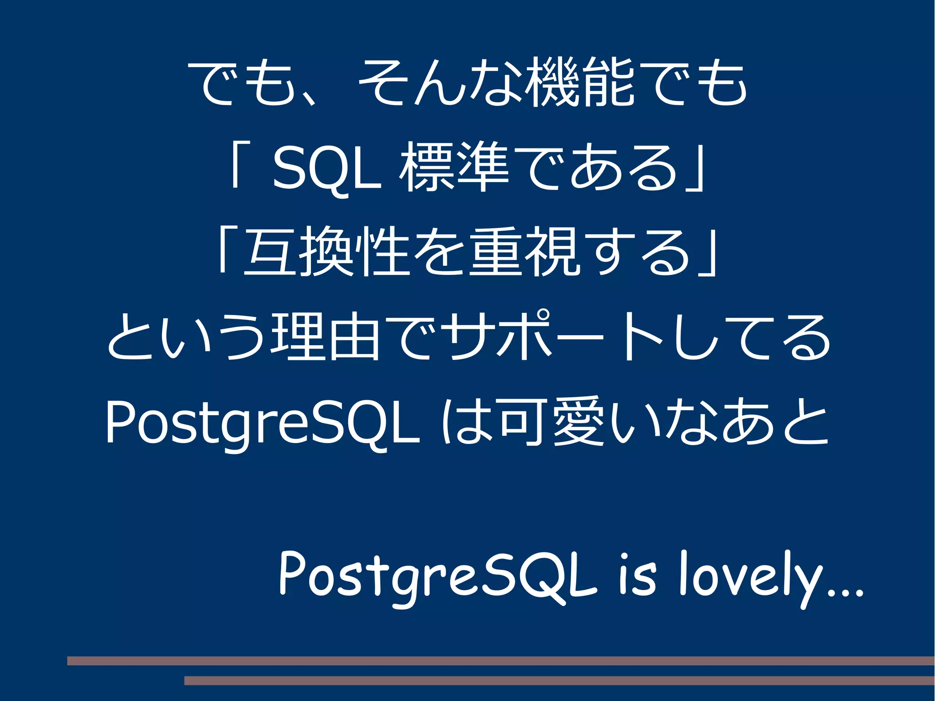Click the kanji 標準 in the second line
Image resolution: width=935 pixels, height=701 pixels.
tap(454, 167)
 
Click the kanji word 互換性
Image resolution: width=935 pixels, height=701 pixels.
tap(326, 251)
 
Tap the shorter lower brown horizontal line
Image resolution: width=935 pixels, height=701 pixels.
tap(559, 680)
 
